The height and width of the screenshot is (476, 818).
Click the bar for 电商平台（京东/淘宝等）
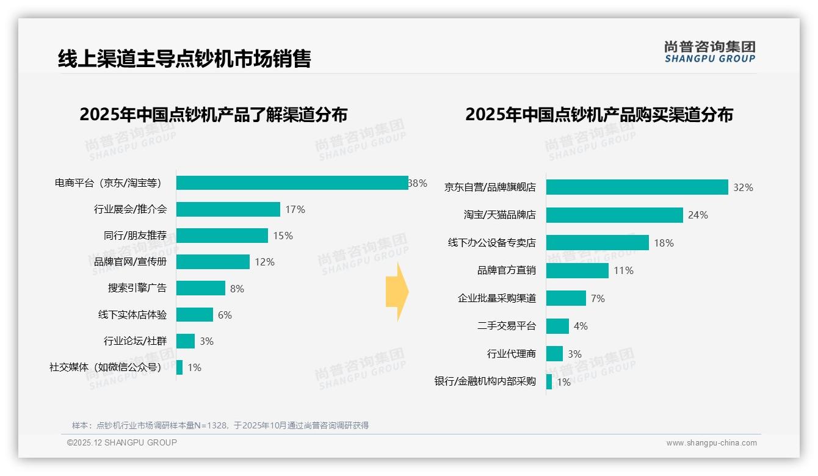(292, 183)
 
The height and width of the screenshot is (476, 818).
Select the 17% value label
(295, 210)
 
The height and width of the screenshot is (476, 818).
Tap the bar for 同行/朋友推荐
(222, 236)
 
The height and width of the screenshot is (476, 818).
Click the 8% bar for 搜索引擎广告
(201, 288)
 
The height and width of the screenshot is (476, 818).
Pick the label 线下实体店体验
(132, 315)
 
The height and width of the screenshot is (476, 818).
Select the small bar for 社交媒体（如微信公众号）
(179, 367)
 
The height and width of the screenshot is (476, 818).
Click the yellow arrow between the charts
(397, 292)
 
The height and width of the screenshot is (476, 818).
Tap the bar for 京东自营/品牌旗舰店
(637, 187)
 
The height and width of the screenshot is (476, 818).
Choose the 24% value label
(698, 215)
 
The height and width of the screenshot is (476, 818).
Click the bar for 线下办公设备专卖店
(597, 243)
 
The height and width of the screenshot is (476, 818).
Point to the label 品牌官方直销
(507, 270)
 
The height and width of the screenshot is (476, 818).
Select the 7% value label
(598, 298)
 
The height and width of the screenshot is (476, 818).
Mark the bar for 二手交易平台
(557, 326)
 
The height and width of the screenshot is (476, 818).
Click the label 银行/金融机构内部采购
(485, 381)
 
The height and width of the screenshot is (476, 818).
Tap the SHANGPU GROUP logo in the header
(709, 52)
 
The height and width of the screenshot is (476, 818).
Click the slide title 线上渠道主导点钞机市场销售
(184, 59)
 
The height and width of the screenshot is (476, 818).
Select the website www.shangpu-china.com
(711, 443)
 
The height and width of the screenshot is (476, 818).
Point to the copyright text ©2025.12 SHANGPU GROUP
(122, 442)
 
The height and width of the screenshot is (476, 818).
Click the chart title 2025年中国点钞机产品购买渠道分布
(599, 115)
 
